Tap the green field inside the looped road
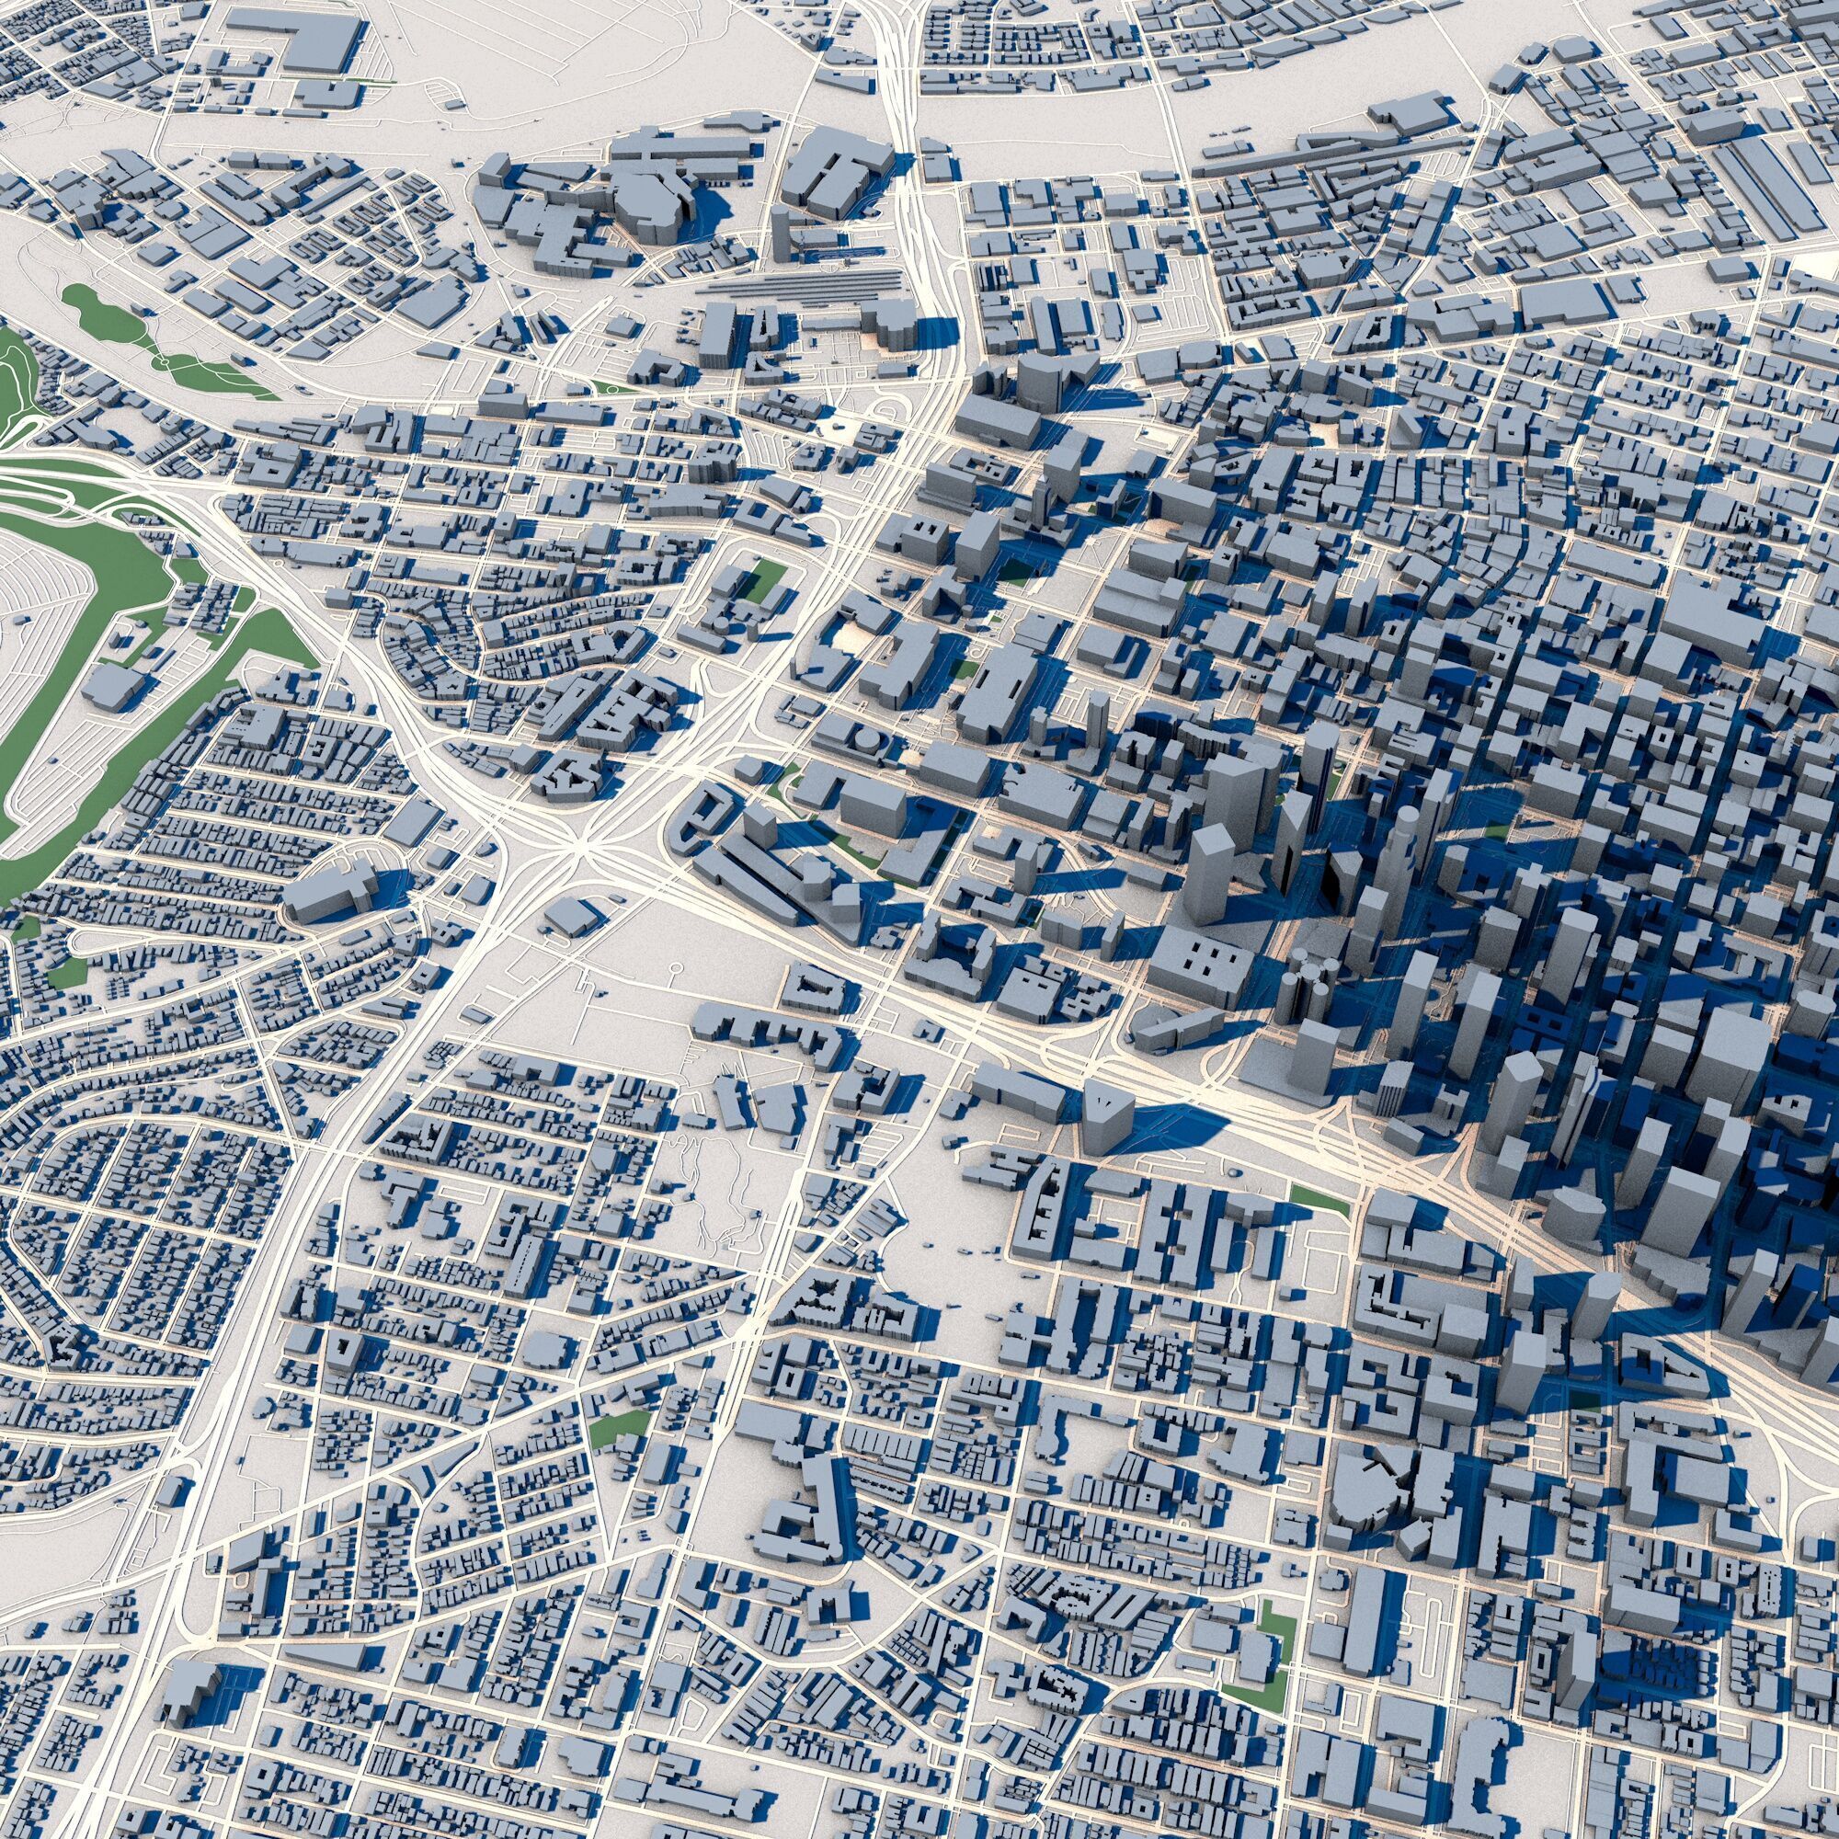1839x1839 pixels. click(766, 578)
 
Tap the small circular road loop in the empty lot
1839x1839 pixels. click(674, 969)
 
